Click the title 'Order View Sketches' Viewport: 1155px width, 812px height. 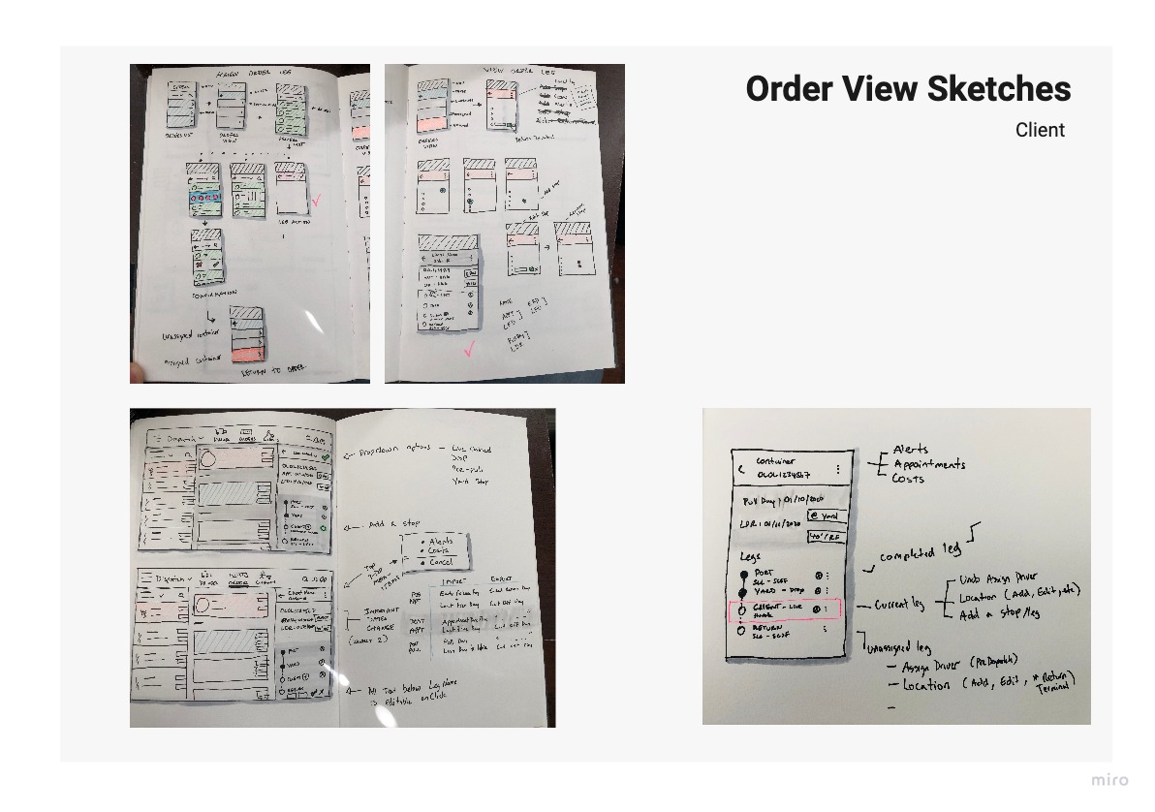click(908, 88)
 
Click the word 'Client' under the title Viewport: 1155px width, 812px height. click(1040, 130)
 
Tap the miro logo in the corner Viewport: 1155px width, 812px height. click(1109, 781)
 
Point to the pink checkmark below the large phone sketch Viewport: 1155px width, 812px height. click(470, 350)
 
